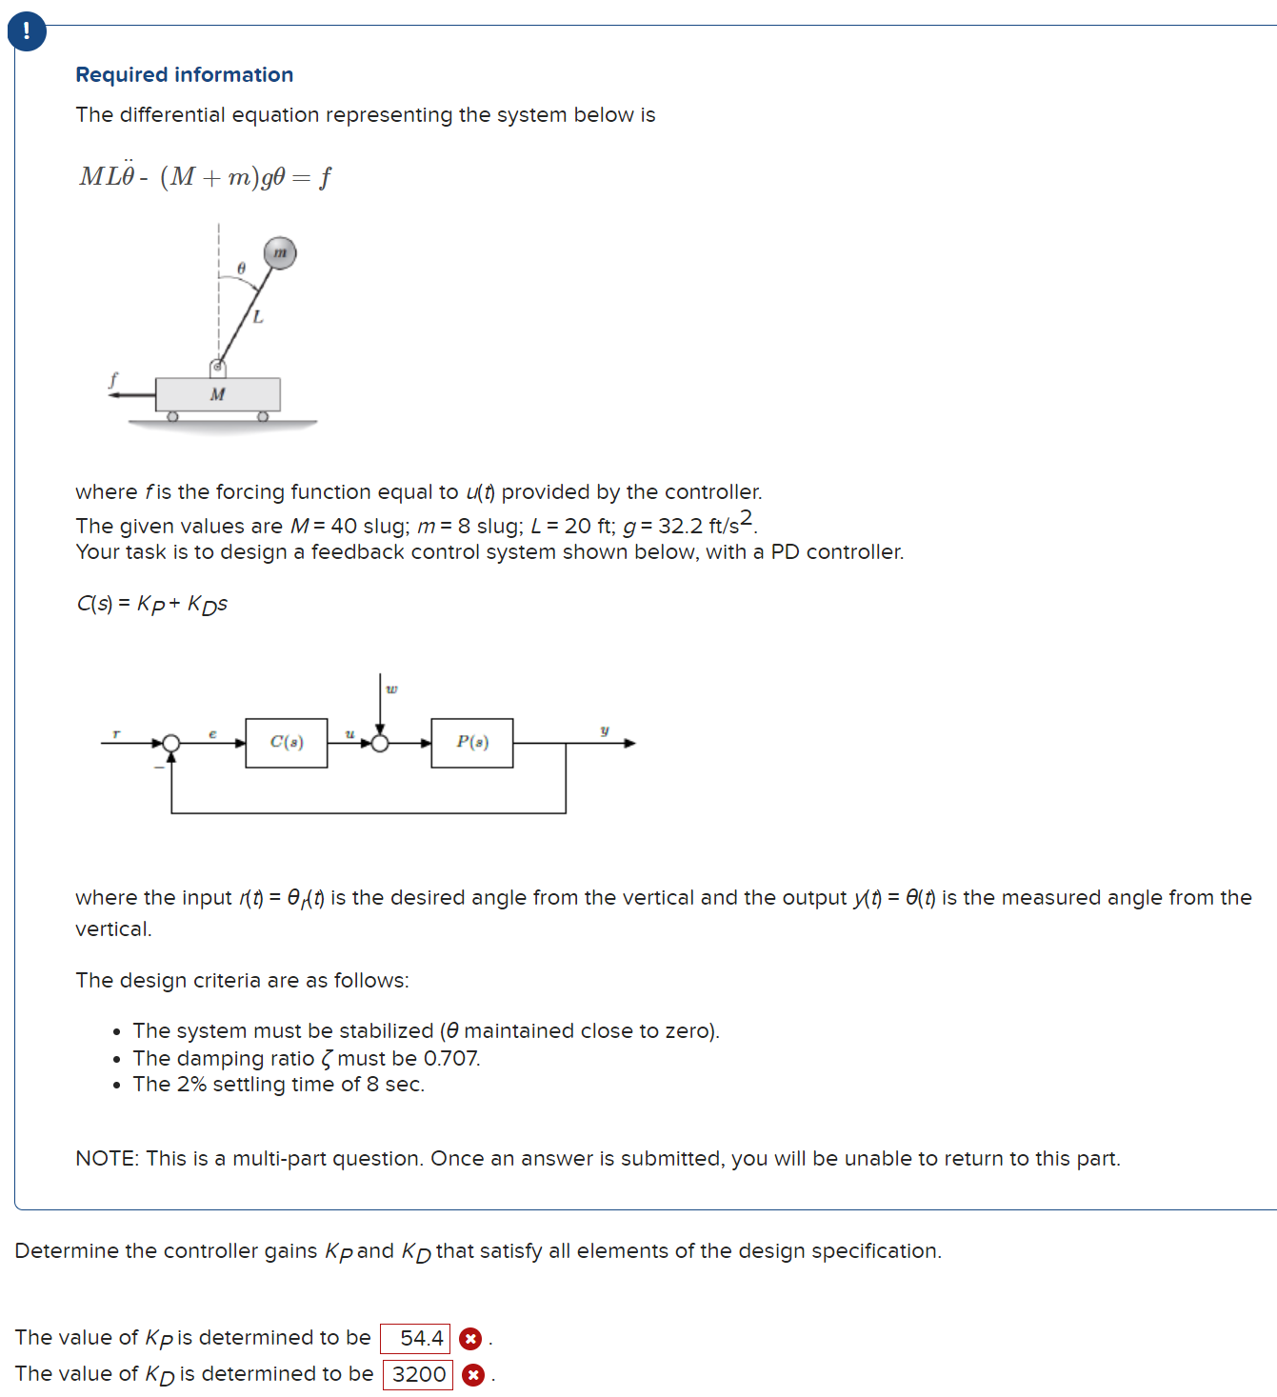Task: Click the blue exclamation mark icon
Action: tap(26, 31)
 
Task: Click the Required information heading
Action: tap(184, 74)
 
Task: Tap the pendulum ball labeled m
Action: tap(280, 253)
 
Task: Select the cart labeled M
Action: tap(218, 394)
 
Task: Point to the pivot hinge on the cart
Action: tap(217, 367)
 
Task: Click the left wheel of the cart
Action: tap(172, 416)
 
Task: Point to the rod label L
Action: tap(257, 317)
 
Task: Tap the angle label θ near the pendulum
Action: tap(241, 269)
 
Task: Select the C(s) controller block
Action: tap(287, 743)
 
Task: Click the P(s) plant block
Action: tap(472, 743)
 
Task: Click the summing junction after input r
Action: tap(171, 743)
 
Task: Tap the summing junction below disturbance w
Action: tap(380, 743)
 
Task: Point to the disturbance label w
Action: tap(391, 689)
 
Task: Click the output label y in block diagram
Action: tap(604, 730)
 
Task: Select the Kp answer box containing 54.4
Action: tap(415, 1338)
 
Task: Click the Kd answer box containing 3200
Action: tap(418, 1374)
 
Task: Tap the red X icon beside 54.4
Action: tap(470, 1339)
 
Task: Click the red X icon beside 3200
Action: tap(473, 1375)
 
